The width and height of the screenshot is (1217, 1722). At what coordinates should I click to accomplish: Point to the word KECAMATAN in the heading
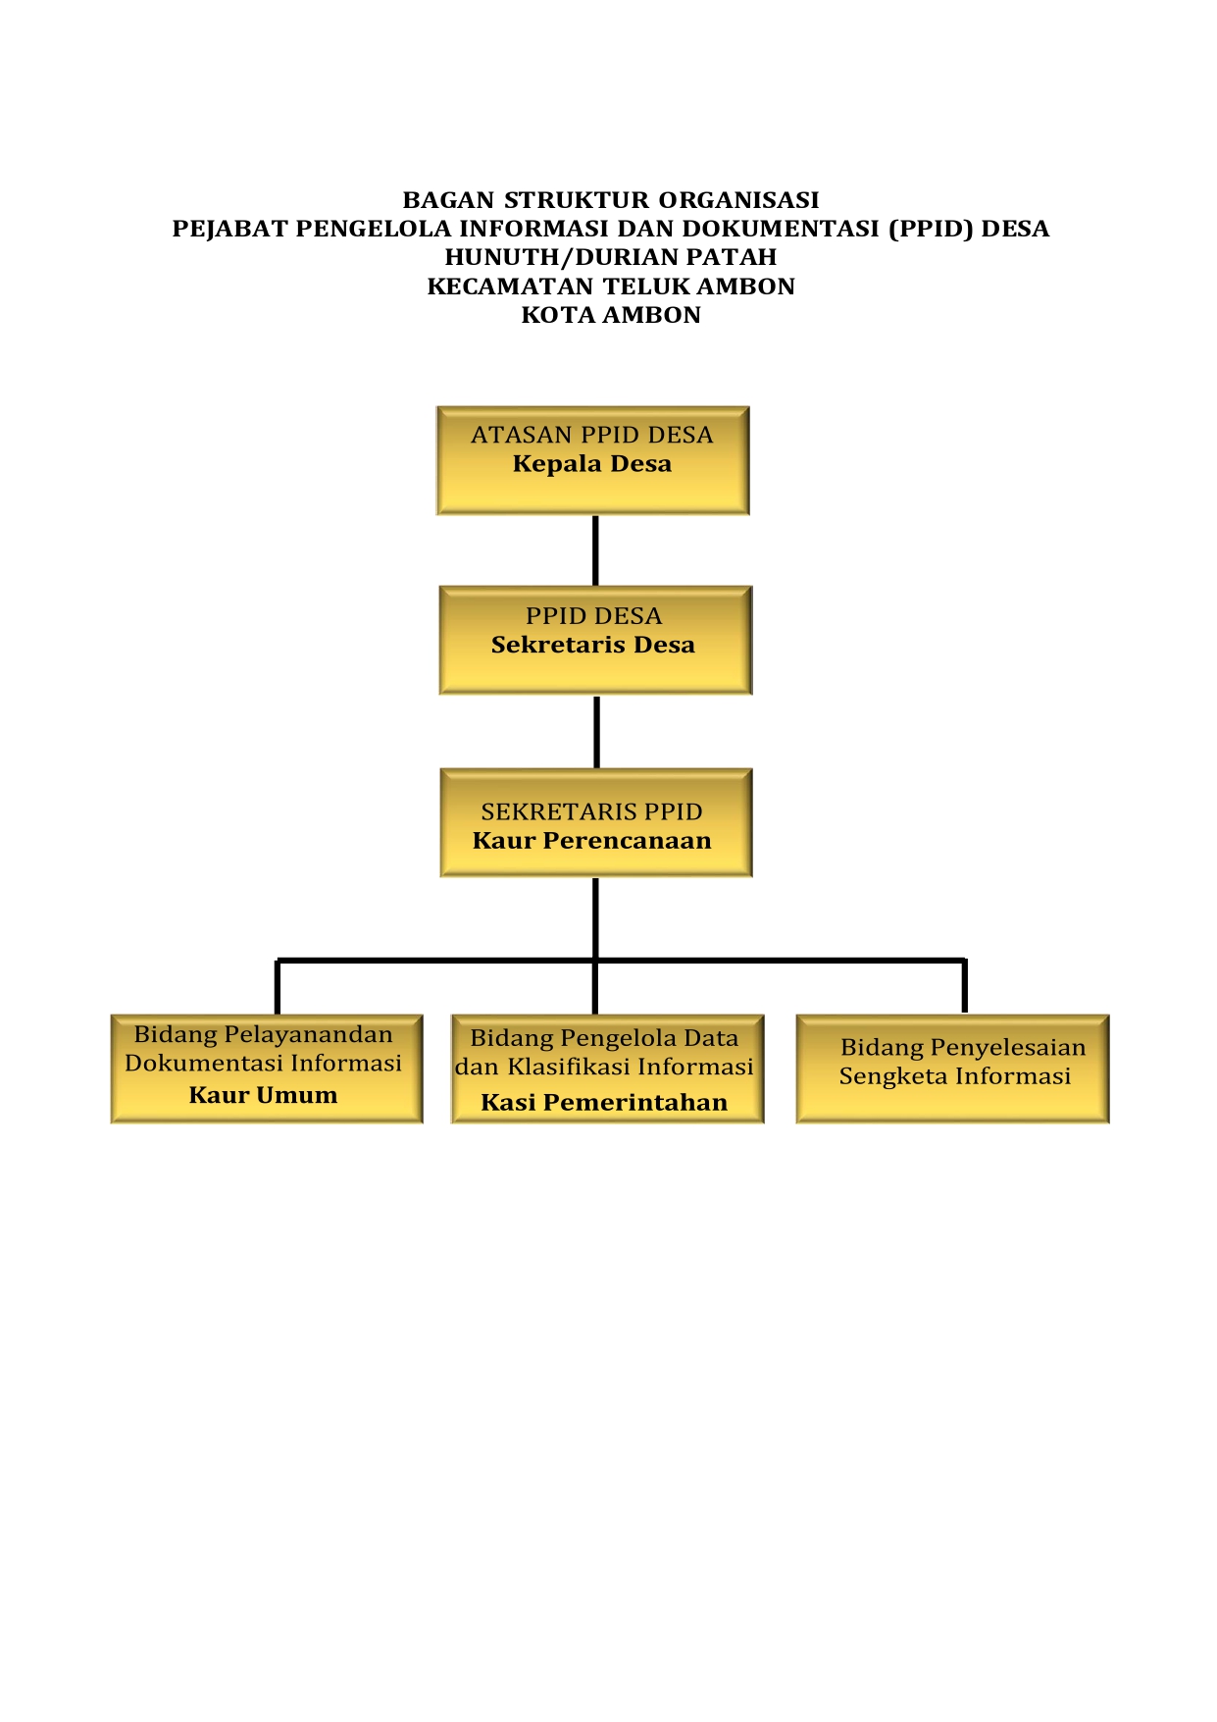[x=510, y=287]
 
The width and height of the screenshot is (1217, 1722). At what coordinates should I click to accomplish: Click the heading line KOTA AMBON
[x=610, y=315]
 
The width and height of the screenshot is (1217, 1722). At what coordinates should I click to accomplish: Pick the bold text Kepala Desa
[x=591, y=464]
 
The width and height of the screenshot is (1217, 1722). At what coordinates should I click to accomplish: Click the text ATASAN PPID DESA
[x=591, y=435]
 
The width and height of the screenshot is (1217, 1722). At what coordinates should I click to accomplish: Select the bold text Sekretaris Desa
[x=592, y=645]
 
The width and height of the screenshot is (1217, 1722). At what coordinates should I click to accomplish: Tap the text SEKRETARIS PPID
[x=591, y=811]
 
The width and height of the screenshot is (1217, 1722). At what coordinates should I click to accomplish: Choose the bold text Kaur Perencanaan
[x=591, y=841]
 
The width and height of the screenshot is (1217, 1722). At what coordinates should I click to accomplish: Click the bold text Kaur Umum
[x=263, y=1095]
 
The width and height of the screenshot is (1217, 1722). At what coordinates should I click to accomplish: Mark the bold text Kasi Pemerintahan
[x=604, y=1103]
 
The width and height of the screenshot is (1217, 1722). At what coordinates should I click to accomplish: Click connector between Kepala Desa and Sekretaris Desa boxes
[x=595, y=550]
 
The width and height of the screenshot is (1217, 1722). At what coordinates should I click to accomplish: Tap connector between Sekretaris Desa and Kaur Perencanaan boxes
[x=596, y=731]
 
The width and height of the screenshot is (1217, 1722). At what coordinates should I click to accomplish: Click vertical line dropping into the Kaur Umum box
[x=278, y=987]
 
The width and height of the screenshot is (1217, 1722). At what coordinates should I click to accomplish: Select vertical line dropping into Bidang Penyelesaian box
[x=965, y=986]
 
